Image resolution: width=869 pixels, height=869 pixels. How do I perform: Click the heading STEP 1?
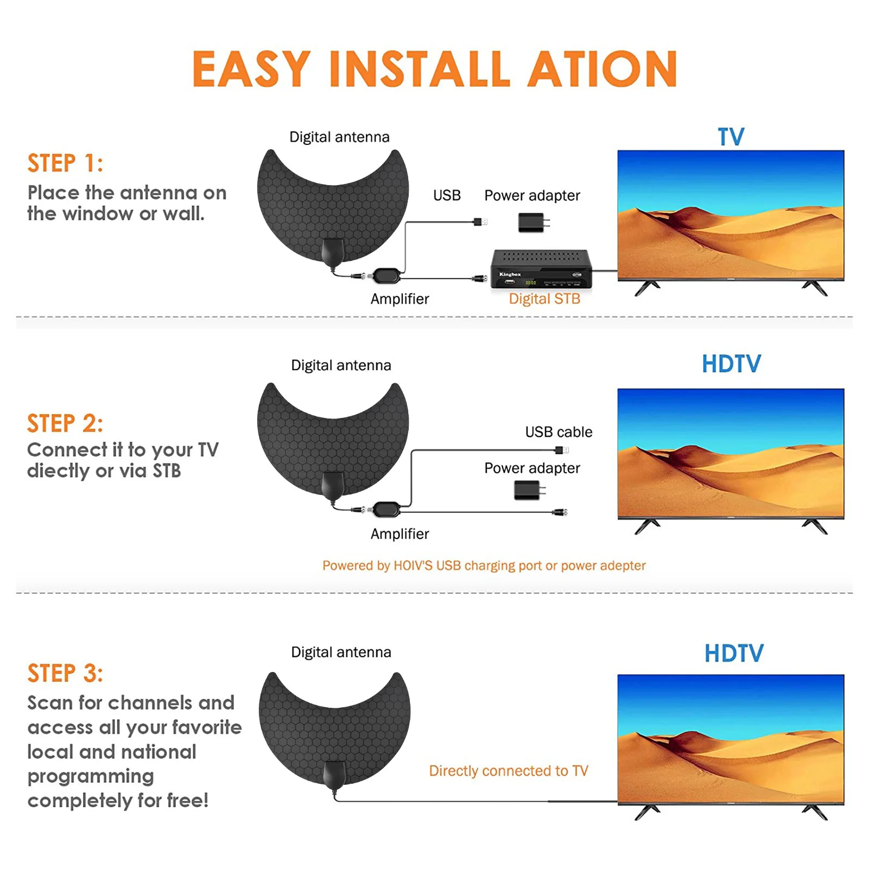pyautogui.click(x=65, y=163)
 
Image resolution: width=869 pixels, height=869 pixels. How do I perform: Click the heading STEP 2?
pyautogui.click(x=65, y=424)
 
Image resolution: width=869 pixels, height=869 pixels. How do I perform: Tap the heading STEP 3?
pyautogui.click(x=65, y=674)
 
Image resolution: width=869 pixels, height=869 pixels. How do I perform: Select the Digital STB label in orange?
pyautogui.click(x=544, y=299)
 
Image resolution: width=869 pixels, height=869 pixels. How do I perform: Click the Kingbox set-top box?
pyautogui.click(x=541, y=269)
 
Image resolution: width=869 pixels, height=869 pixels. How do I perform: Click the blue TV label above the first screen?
pyautogui.click(x=731, y=137)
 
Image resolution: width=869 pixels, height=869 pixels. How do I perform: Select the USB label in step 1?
pyautogui.click(x=447, y=195)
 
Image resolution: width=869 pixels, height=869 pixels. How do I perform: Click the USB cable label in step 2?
pyautogui.click(x=559, y=432)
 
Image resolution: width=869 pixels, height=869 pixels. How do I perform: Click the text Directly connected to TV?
pyautogui.click(x=508, y=771)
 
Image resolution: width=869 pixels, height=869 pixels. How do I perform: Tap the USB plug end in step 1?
pyautogui.click(x=480, y=221)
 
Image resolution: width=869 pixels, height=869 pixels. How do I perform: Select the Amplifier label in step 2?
pyautogui.click(x=399, y=534)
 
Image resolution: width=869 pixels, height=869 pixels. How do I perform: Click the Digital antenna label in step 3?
pyautogui.click(x=341, y=652)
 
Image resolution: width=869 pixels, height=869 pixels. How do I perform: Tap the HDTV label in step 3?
pyautogui.click(x=733, y=654)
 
